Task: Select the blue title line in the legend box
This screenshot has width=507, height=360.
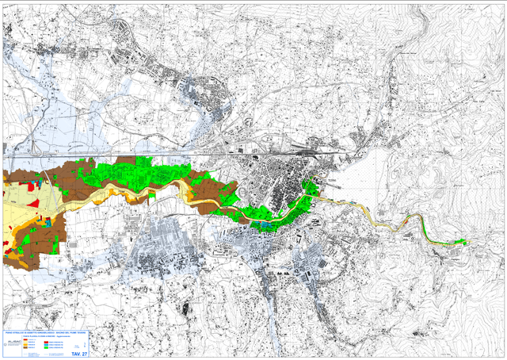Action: (x=45, y=332)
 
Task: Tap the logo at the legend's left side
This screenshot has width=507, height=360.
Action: (x=13, y=342)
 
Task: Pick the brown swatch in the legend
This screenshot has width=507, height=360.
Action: (x=25, y=347)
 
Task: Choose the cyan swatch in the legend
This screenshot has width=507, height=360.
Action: (x=46, y=344)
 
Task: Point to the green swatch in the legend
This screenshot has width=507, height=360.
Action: (x=46, y=347)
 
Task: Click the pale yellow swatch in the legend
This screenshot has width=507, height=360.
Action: (x=25, y=341)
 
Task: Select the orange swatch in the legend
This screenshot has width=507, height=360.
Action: (x=25, y=344)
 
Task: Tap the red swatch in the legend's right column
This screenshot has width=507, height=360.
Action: (x=46, y=342)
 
